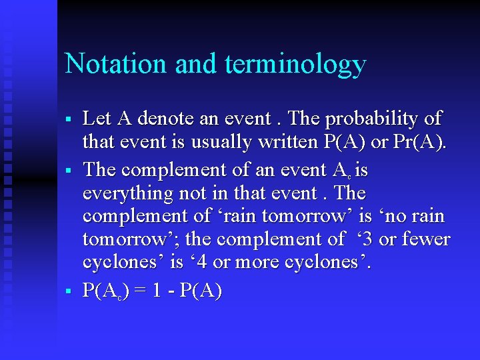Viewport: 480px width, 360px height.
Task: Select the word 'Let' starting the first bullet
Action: pos(97,119)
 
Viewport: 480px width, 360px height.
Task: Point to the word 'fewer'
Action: pos(426,239)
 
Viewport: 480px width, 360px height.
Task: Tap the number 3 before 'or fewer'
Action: pos(364,239)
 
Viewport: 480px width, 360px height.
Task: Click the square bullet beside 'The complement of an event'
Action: pos(69,171)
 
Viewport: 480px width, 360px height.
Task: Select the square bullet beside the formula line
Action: pos(69,291)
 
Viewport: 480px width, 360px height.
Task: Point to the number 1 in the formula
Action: pos(155,291)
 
